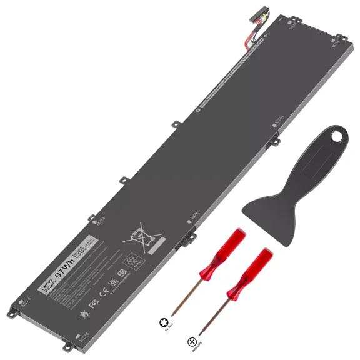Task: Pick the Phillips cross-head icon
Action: pyautogui.click(x=190, y=342)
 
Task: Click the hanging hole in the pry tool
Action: pyautogui.click(x=339, y=134)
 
